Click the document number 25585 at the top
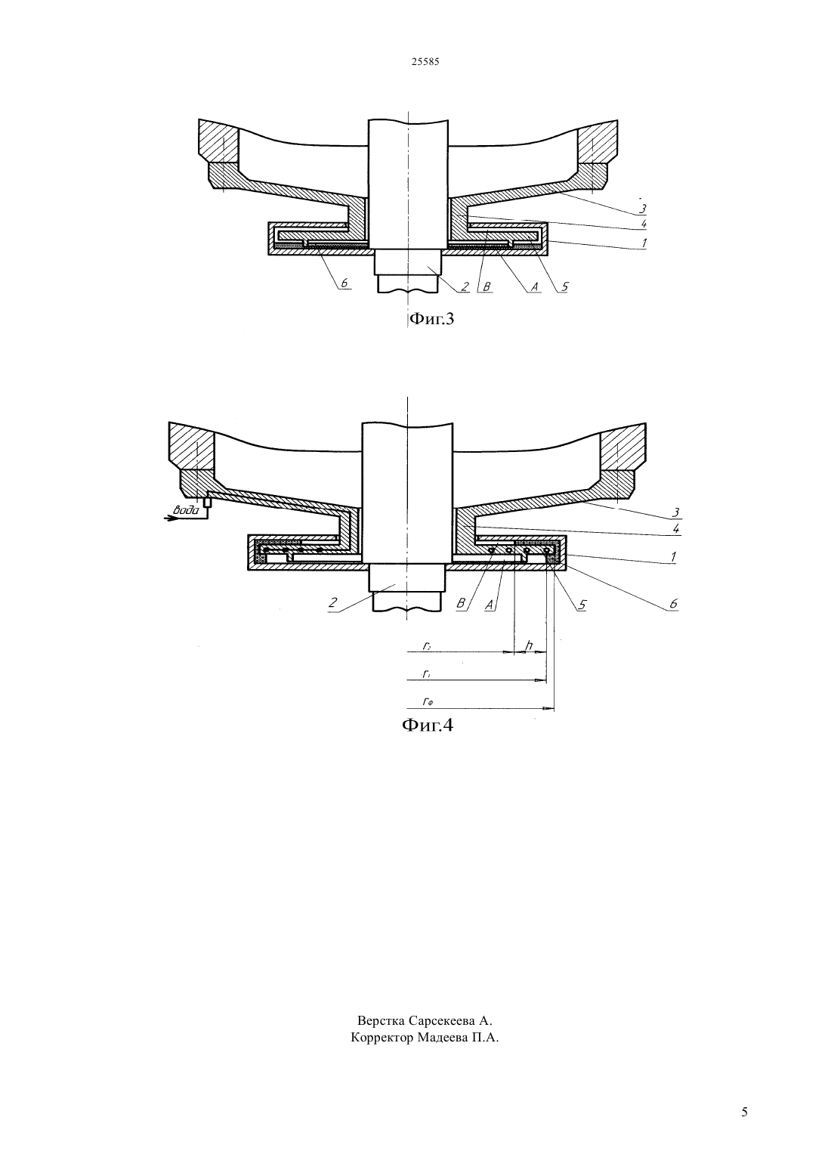(x=425, y=62)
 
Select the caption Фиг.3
(x=431, y=319)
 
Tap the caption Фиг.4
(x=427, y=725)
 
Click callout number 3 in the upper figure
(x=641, y=209)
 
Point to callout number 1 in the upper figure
(x=643, y=243)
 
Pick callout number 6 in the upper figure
(x=344, y=283)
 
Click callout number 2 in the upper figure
(x=465, y=286)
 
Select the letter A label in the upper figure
(x=535, y=286)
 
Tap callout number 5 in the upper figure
(x=564, y=286)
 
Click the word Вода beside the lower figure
(x=186, y=509)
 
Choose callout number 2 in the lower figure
(x=332, y=602)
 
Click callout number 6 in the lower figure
(x=674, y=604)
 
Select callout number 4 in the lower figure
(x=676, y=529)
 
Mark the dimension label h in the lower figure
(x=529, y=645)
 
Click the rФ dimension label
(x=428, y=701)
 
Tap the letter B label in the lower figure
(x=461, y=604)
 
